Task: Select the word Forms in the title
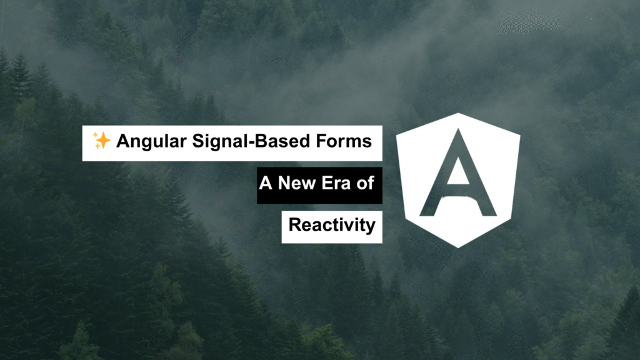pos(344,141)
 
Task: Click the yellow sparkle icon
pos(101,141)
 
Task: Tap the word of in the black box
pos(365,183)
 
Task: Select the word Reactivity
pos(332,226)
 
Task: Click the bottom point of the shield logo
pos(458,247)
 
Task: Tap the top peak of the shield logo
pos(458,113)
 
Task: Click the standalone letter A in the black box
pos(265,183)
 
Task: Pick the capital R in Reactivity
pos(296,224)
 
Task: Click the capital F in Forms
pos(322,141)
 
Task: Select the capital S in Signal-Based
pos(198,141)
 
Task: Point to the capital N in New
pos(285,183)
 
